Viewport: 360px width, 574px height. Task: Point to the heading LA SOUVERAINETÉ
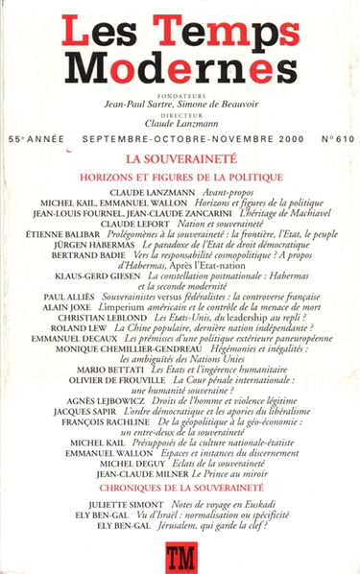click(x=180, y=159)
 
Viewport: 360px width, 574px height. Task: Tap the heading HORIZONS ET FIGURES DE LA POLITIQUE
click(x=180, y=177)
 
